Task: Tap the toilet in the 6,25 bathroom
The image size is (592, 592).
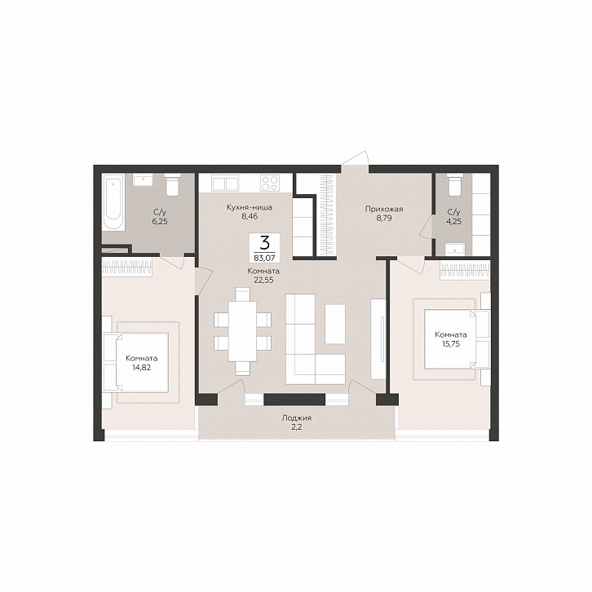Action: coord(173,184)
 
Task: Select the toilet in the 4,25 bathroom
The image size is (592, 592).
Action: coord(453,184)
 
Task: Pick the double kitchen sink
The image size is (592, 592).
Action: coord(225,183)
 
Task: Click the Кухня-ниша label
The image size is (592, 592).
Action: coord(250,207)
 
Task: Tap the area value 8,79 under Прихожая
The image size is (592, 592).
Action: coord(384,218)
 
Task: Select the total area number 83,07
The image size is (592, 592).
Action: coord(265,258)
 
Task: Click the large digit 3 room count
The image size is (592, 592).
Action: coord(265,243)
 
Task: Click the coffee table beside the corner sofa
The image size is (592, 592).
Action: coord(335,324)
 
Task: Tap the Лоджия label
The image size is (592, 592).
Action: coord(296,418)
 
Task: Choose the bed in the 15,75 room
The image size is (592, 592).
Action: coord(456,338)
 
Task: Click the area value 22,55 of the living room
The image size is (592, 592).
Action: coord(263,281)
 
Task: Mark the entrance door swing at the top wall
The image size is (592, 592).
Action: coord(355,158)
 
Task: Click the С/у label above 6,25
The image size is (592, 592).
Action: coord(160,212)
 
